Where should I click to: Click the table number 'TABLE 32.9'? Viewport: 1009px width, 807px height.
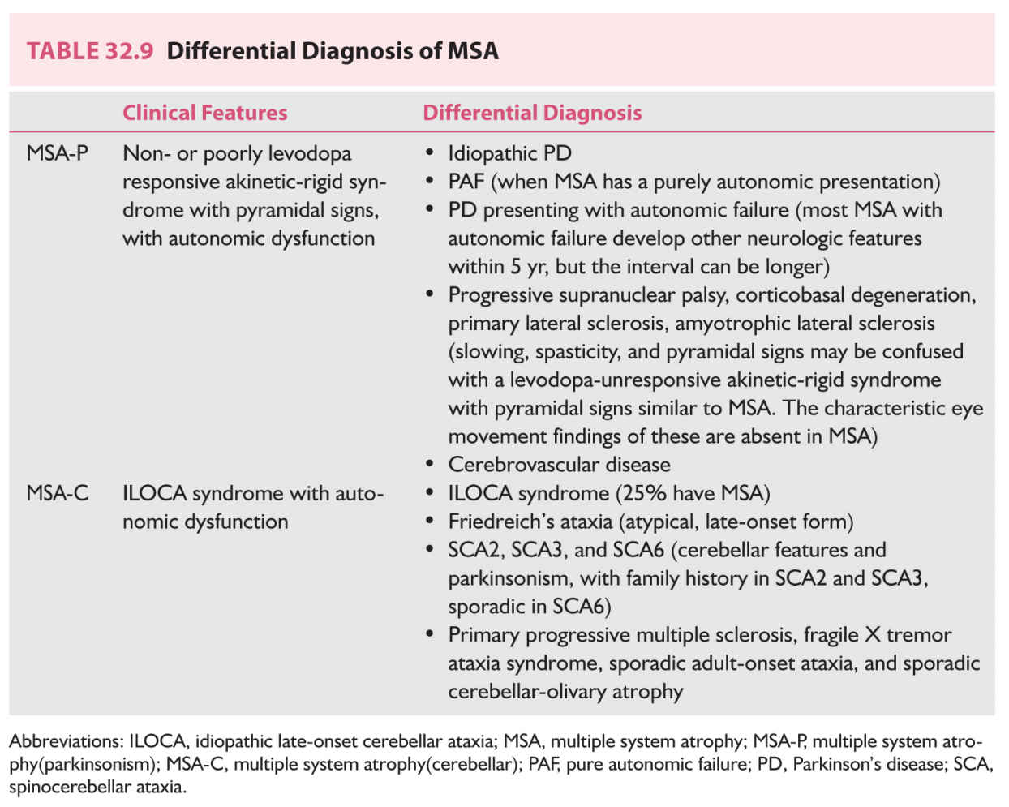pyautogui.click(x=89, y=51)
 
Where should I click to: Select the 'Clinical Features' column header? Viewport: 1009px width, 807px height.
pyautogui.click(x=204, y=113)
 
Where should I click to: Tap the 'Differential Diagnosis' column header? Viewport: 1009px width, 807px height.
pyautogui.click(x=532, y=113)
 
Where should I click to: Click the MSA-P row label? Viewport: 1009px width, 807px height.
pyautogui.click(x=57, y=153)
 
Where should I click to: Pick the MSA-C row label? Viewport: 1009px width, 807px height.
pyautogui.click(x=57, y=493)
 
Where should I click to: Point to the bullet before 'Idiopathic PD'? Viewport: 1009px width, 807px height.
pyautogui.click(x=430, y=153)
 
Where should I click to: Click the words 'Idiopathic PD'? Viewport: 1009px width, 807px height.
pyautogui.click(x=509, y=153)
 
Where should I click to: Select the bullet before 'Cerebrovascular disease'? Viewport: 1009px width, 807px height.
pyautogui.click(x=430, y=465)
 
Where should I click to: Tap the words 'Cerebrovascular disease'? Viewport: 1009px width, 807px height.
pyautogui.click(x=559, y=465)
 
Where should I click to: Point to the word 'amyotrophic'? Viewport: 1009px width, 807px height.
pyautogui.click(x=729, y=323)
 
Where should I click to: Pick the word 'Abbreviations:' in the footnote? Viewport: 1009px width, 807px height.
pyautogui.click(x=66, y=741)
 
